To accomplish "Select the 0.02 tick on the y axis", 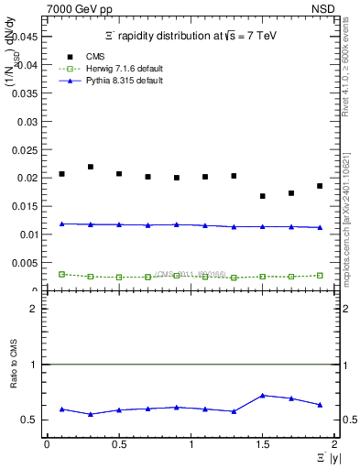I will click(x=27, y=178).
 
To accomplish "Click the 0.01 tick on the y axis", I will click(x=27, y=234).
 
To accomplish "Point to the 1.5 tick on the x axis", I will click(x=263, y=444).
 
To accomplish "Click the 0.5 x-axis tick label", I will click(x=118, y=444).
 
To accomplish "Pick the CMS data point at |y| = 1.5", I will click(x=263, y=196).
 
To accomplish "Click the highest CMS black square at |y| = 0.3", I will click(x=91, y=167).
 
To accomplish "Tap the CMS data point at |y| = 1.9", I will click(x=320, y=186).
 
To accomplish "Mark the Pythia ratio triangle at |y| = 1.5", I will click(x=263, y=396).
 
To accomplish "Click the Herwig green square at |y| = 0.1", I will click(x=61, y=274).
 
